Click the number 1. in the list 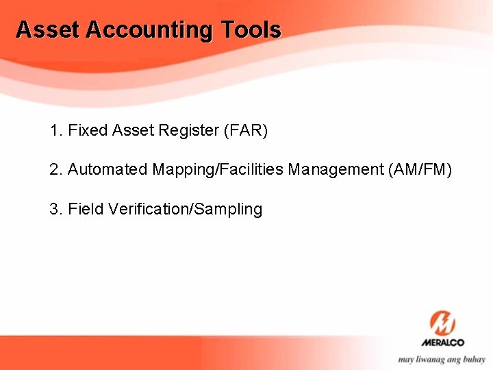56,130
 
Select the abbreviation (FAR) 245,130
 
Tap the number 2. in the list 56,169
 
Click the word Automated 108,169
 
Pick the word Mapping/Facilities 218,169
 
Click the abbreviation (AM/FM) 419,169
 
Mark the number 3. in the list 56,209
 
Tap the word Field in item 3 84,209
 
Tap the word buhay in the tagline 472,360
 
